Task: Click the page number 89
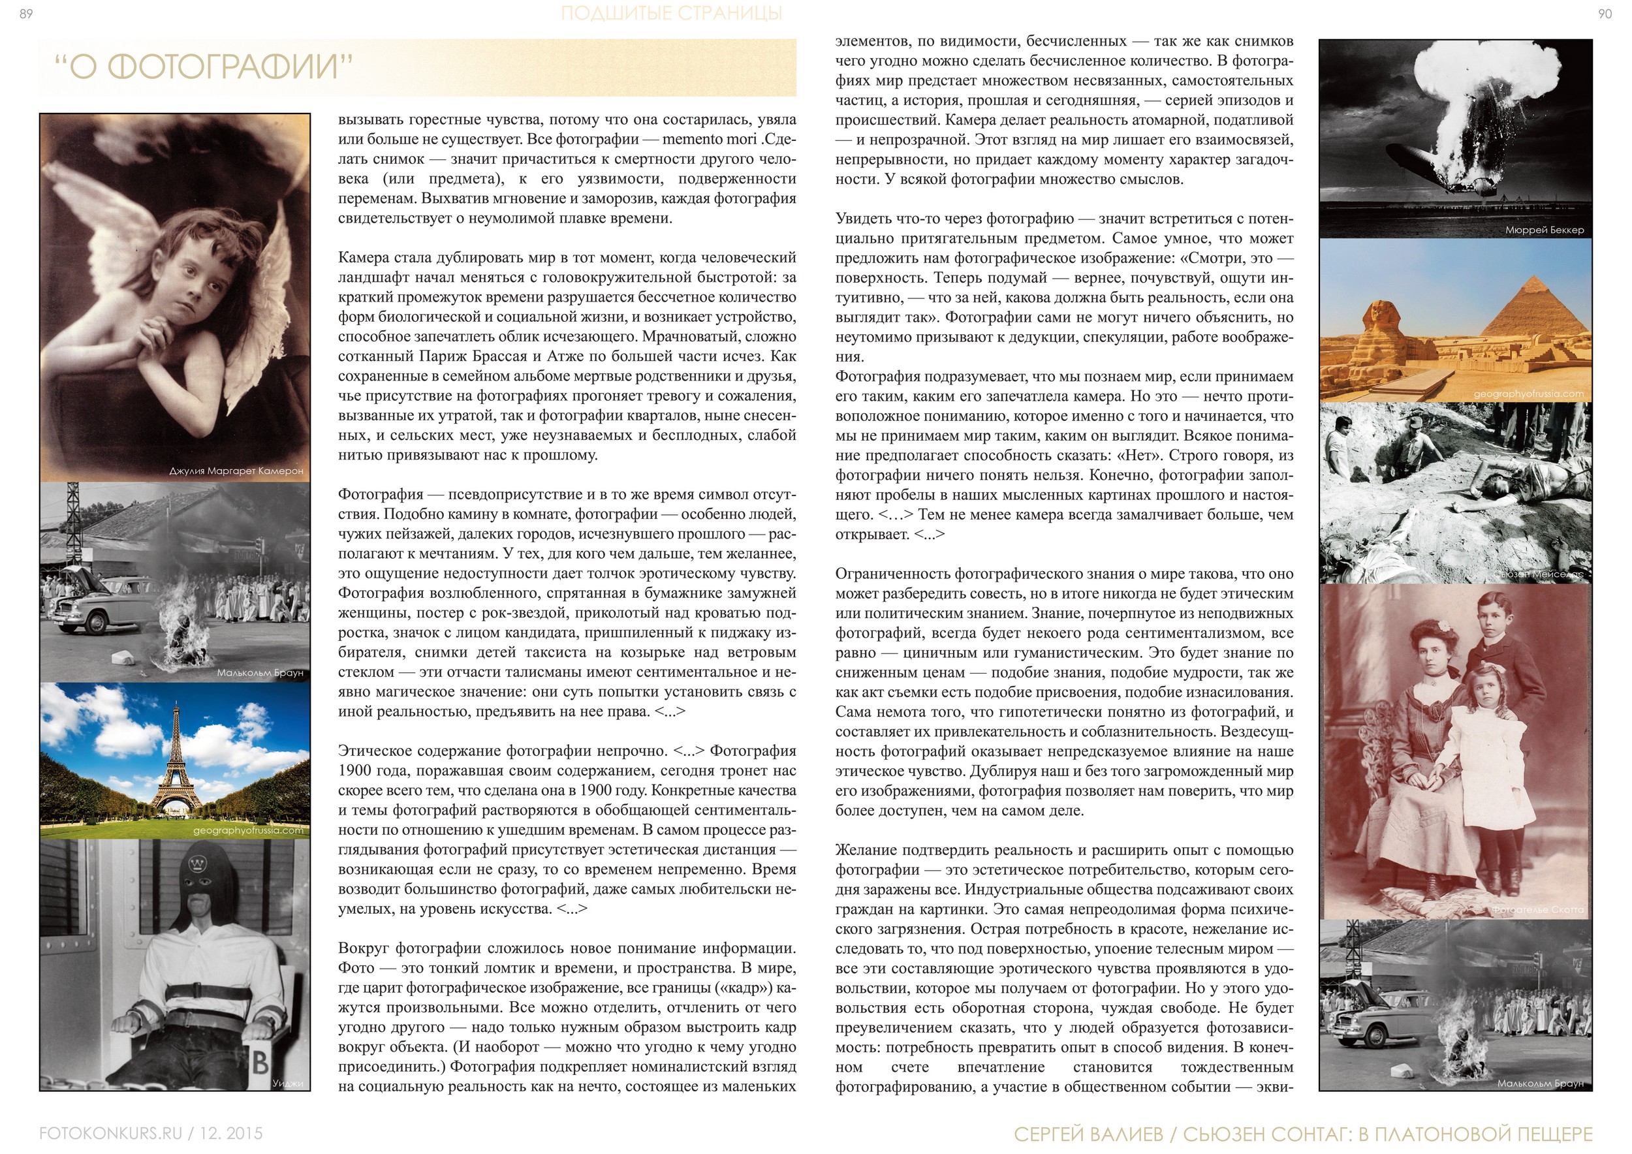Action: tap(25, 14)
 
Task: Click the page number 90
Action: tap(1605, 14)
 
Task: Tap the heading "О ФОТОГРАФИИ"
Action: tap(204, 67)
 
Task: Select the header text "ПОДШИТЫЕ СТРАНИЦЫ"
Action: tap(671, 14)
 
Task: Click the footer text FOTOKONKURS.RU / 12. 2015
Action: tap(151, 1132)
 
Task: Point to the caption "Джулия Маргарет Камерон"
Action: tap(236, 471)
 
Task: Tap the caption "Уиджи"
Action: tap(287, 1083)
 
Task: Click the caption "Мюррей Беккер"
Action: tap(1544, 230)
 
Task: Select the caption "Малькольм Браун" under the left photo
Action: tap(260, 672)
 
